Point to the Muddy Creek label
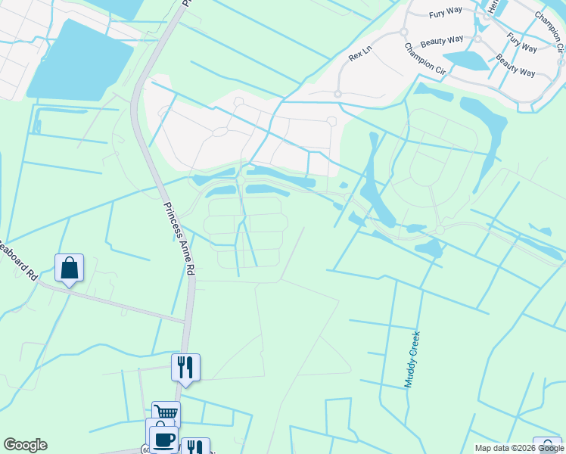pos(412,359)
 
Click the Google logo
pos(25,445)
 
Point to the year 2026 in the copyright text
pos(525,449)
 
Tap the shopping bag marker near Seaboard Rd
pos(69,269)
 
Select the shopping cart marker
pos(166,413)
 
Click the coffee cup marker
pos(163,439)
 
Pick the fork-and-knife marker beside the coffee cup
pos(194,446)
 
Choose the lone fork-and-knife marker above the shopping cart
pos(185,368)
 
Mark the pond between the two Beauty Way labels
pos(466,60)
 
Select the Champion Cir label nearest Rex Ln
pos(424,58)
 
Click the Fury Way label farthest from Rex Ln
pos(521,42)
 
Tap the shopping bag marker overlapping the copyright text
pos(547,446)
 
